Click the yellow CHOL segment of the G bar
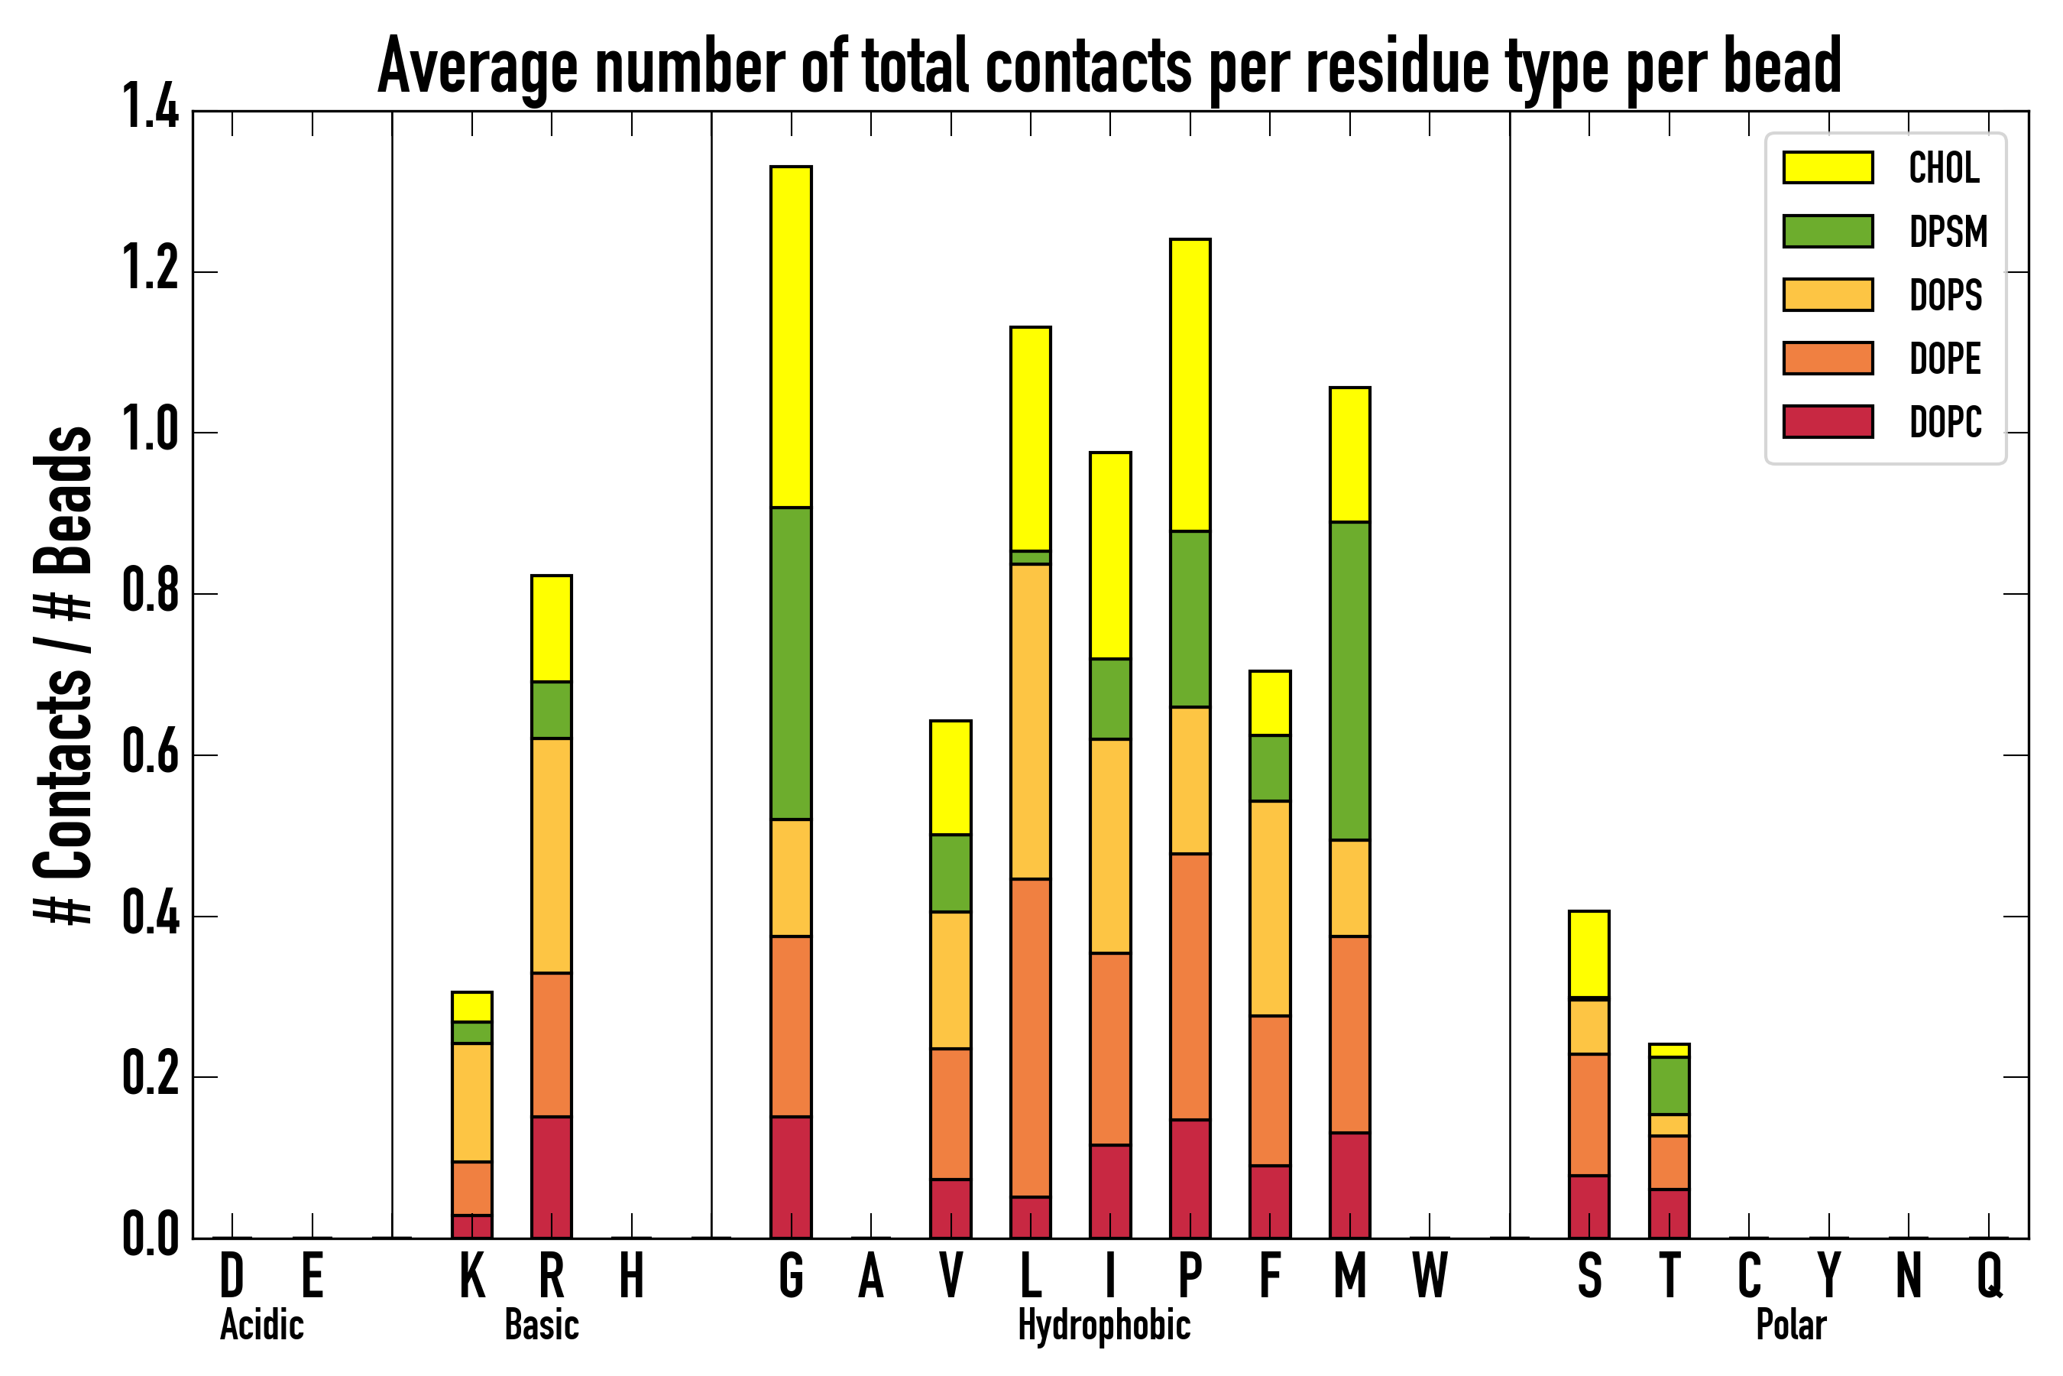tap(790, 336)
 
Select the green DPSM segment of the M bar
tap(1349, 681)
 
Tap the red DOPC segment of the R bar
tap(551, 1176)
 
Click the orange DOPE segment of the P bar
tap(1190, 986)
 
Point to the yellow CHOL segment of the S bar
tap(1589, 955)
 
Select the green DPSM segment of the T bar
tap(1668, 1086)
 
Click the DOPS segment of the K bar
tap(472, 1102)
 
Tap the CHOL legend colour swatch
tap(1828, 167)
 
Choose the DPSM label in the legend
tap(1948, 232)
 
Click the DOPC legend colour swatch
tap(1828, 421)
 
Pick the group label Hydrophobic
tap(1103, 1325)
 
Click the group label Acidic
tap(261, 1325)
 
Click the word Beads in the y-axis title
tap(63, 500)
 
